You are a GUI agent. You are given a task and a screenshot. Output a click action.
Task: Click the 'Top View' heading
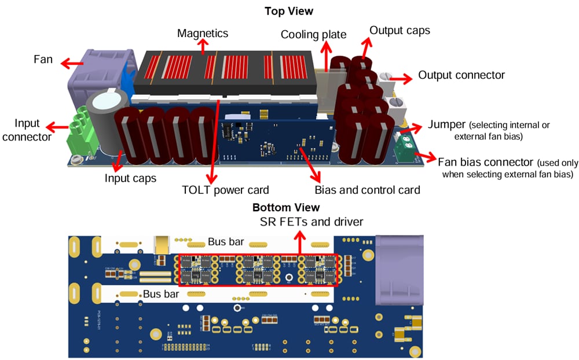(288, 11)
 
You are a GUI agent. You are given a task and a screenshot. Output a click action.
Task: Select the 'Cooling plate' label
(313, 35)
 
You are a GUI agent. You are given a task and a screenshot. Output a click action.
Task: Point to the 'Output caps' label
(399, 30)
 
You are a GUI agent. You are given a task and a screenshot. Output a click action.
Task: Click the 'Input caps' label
(130, 178)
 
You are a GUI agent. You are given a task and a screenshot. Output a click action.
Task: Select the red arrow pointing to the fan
(72, 61)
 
